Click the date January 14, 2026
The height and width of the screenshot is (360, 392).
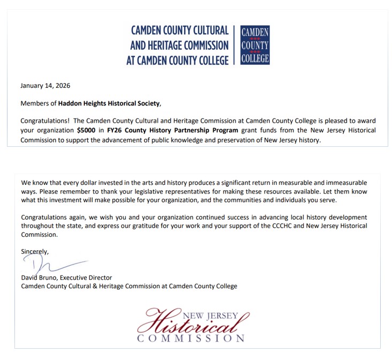click(45, 86)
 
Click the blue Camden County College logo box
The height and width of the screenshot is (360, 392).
click(255, 45)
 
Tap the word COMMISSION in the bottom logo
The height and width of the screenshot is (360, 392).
click(191, 339)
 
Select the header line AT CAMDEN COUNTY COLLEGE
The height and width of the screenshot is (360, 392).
click(177, 60)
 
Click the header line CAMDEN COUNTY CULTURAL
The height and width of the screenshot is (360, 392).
click(179, 31)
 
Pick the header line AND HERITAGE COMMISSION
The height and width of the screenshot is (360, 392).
click(179, 46)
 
